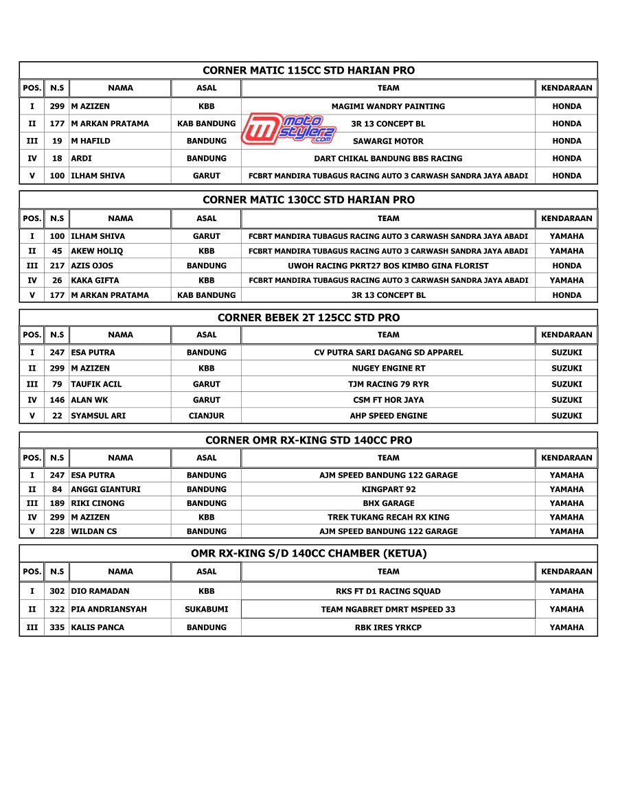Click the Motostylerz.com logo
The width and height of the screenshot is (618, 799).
pos(288,129)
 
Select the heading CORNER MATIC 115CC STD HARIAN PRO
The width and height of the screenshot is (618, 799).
pos(308,71)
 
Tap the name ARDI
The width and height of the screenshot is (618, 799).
pos(81,159)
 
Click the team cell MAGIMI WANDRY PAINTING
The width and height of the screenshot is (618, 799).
pos(388,106)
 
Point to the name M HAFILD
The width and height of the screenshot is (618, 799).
pos(91,141)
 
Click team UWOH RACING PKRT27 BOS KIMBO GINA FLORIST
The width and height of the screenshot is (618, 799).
pos(388,266)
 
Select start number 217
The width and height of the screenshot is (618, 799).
pos(57,266)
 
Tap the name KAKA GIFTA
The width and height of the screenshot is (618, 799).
pos(95,281)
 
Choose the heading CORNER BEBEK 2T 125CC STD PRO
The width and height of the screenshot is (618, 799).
pos(308,318)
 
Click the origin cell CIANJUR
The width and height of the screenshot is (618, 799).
pos(206,416)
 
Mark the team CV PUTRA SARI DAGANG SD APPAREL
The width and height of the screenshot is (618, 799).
pos(388,353)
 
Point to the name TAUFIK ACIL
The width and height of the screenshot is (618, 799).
pos(96,384)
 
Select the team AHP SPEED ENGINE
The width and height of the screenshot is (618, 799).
pos(388,416)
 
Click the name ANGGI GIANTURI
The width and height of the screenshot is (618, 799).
pos(106,489)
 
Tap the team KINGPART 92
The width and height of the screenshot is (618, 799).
pos(388,489)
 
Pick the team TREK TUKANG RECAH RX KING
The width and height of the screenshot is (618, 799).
pos(388,518)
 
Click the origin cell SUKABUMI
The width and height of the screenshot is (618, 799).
pos(206,610)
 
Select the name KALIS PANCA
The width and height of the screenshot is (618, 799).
pos(98,627)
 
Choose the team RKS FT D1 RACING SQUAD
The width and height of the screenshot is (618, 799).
pos(388,591)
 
